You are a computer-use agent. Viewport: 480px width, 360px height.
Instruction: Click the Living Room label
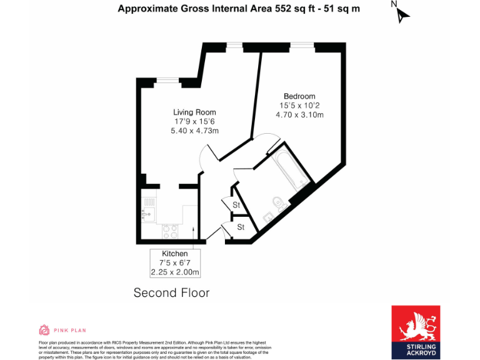(195, 112)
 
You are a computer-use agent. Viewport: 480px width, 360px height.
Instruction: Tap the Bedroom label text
(299, 96)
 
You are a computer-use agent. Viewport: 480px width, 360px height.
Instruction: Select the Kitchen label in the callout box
(175, 254)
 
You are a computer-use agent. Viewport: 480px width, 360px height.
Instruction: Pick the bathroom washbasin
(267, 217)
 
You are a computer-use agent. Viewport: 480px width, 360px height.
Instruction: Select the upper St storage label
(237, 205)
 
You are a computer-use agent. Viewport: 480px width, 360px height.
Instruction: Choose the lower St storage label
(241, 227)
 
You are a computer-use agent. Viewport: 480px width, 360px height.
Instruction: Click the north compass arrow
(402, 14)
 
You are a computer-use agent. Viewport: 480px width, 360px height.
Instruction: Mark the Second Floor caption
(172, 292)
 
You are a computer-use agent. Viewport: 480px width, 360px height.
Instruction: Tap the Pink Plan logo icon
(44, 330)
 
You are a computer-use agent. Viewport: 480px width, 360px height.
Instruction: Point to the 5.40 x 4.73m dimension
(195, 131)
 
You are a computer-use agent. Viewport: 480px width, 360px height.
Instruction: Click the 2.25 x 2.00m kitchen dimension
(175, 272)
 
